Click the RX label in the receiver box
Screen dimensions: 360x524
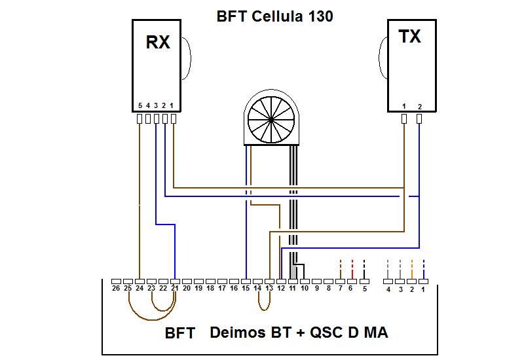[157, 43]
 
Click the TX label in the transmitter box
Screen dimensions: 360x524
[410, 37]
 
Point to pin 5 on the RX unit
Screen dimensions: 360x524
[140, 118]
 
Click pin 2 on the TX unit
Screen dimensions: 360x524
[420, 118]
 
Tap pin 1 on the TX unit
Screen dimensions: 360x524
[404, 118]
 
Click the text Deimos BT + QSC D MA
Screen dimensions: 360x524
[299, 333]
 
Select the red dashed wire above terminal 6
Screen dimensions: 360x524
[352, 266]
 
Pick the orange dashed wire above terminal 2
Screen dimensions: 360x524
[411, 266]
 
